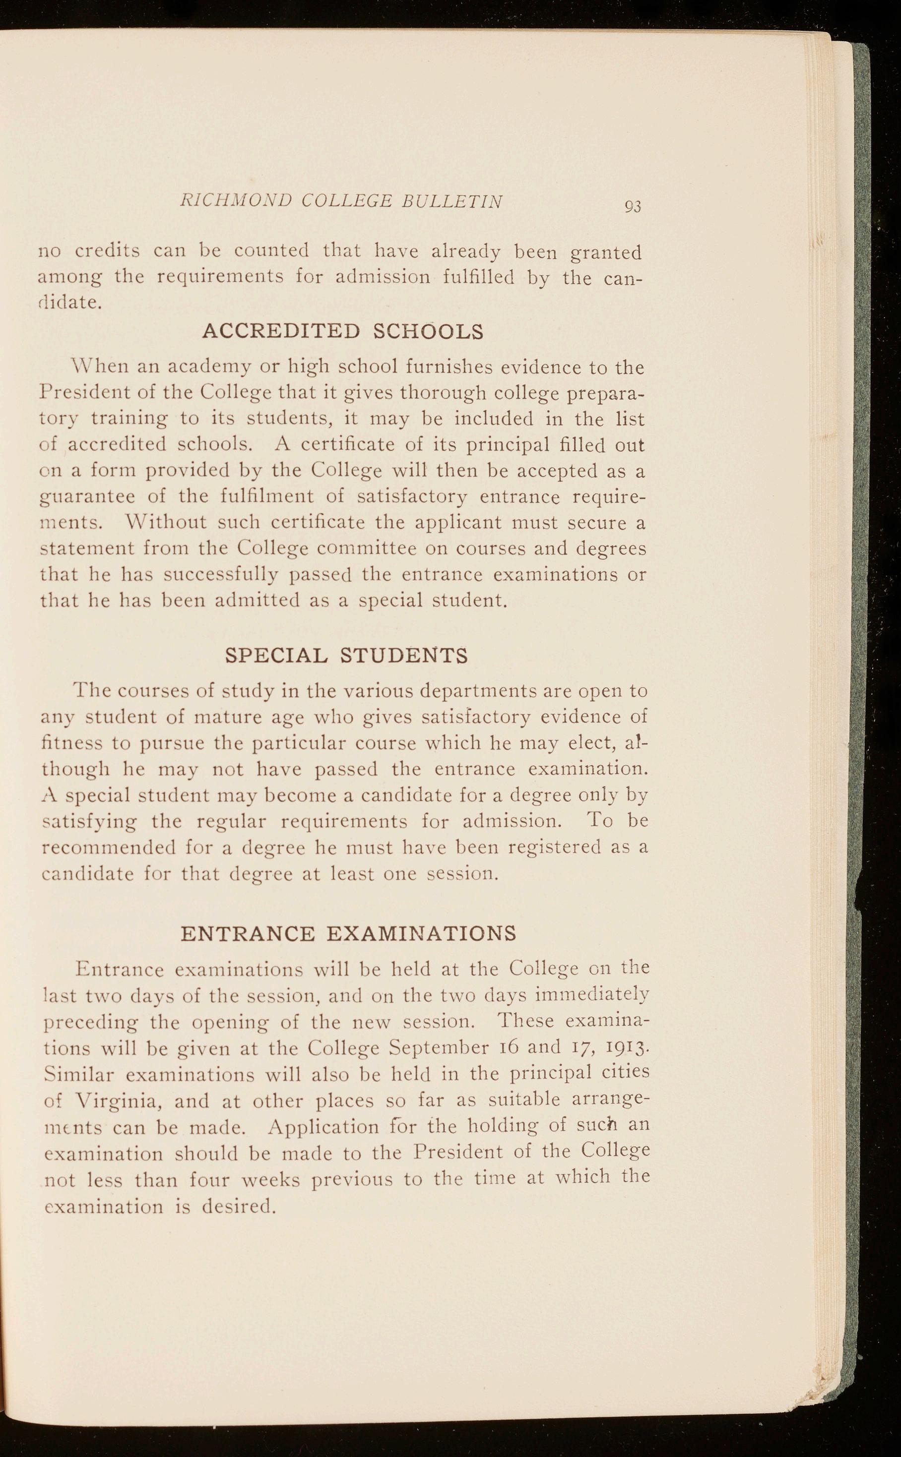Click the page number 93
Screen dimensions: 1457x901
633,207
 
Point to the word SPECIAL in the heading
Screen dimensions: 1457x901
276,656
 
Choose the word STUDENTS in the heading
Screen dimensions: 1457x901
403,656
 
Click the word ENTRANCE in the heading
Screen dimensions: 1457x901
247,933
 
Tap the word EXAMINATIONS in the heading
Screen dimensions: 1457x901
422,933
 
